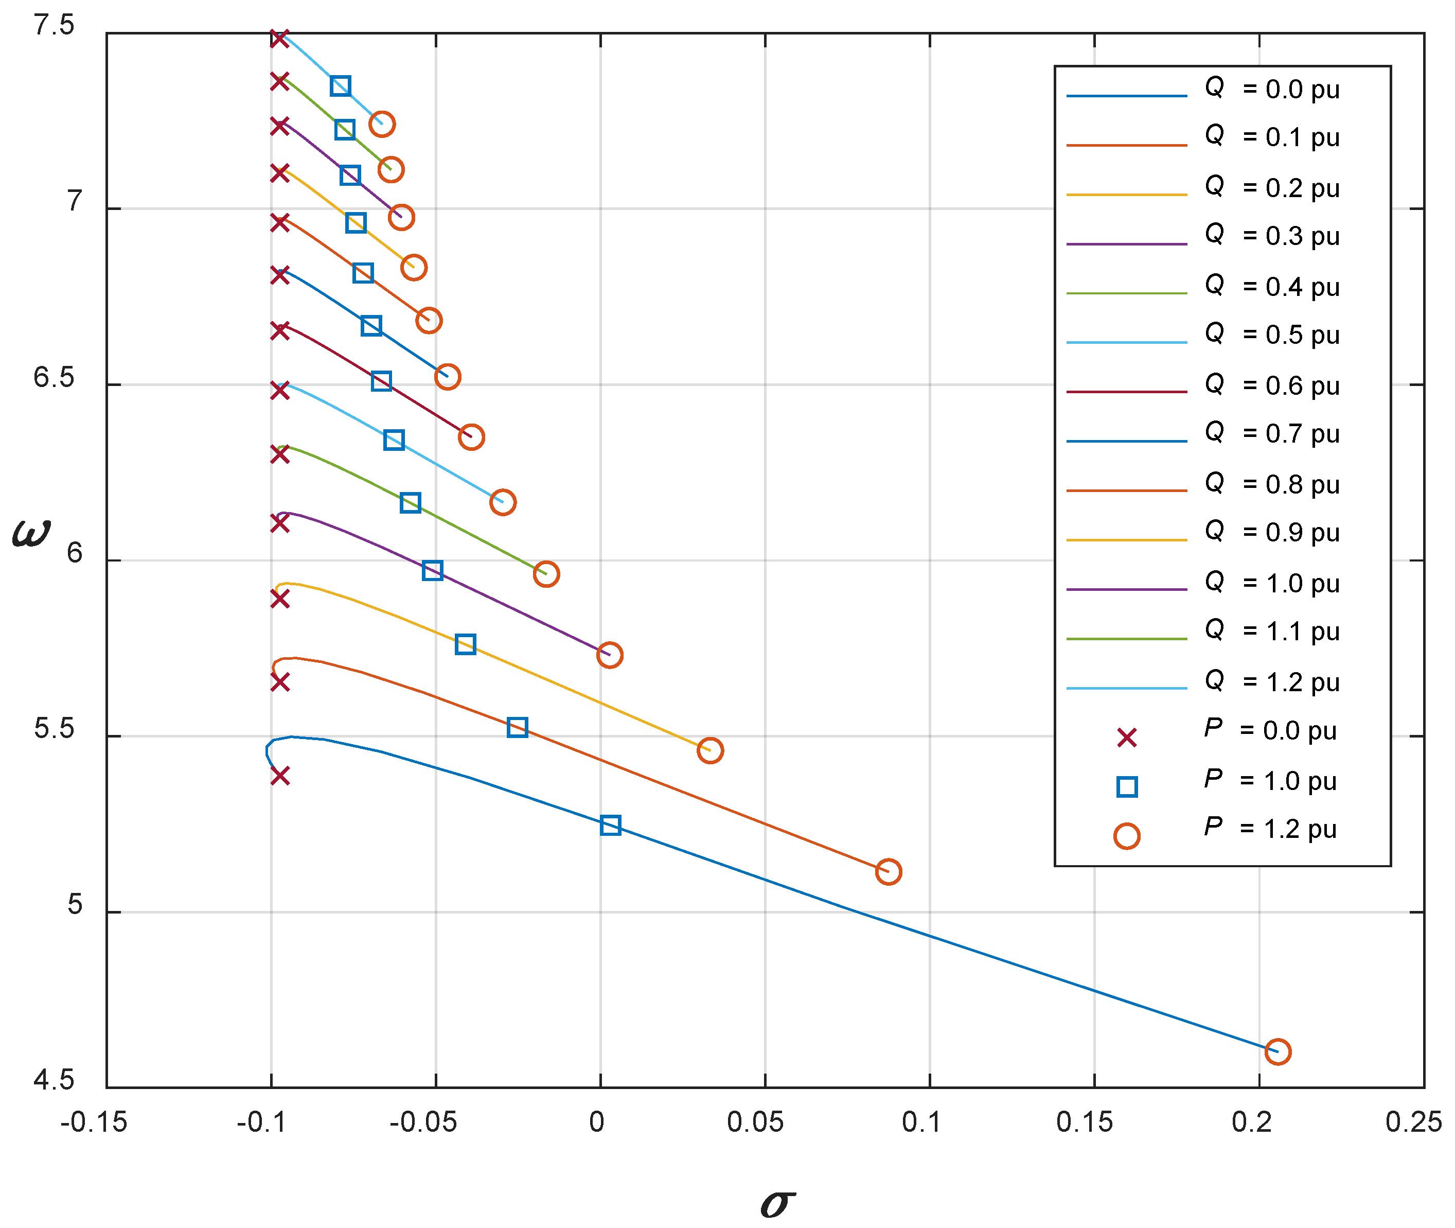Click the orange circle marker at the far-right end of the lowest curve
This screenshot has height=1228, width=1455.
1277,1051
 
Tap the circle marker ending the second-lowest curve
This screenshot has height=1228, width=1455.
888,871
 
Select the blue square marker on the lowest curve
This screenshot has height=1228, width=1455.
610,825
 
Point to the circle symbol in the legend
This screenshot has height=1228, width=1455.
1127,835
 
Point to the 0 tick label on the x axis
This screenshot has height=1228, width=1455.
596,1122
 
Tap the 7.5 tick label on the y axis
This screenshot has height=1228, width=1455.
54,25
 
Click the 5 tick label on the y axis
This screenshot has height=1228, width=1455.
74,904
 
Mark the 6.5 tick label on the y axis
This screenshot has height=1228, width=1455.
54,377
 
